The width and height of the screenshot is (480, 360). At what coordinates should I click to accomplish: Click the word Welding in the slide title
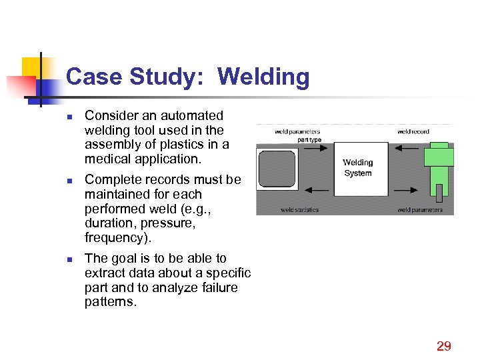263,77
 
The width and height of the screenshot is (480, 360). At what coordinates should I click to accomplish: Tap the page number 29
443,345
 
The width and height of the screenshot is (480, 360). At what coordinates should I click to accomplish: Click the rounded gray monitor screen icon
277,169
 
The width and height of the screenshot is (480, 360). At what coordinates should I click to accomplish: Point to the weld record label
413,132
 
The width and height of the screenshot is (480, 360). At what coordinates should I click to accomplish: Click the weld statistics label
299,210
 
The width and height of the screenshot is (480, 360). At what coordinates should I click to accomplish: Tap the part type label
309,139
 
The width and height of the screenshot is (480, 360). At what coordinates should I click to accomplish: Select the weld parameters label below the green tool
420,210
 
